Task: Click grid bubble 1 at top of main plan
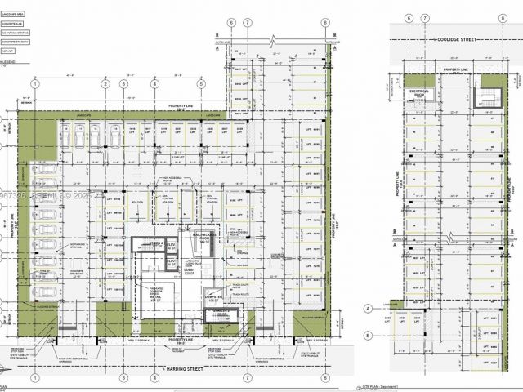(x=35, y=83)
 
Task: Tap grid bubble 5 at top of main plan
(x=200, y=83)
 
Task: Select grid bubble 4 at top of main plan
(x=154, y=83)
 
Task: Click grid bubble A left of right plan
(x=369, y=309)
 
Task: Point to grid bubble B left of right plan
(x=369, y=335)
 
